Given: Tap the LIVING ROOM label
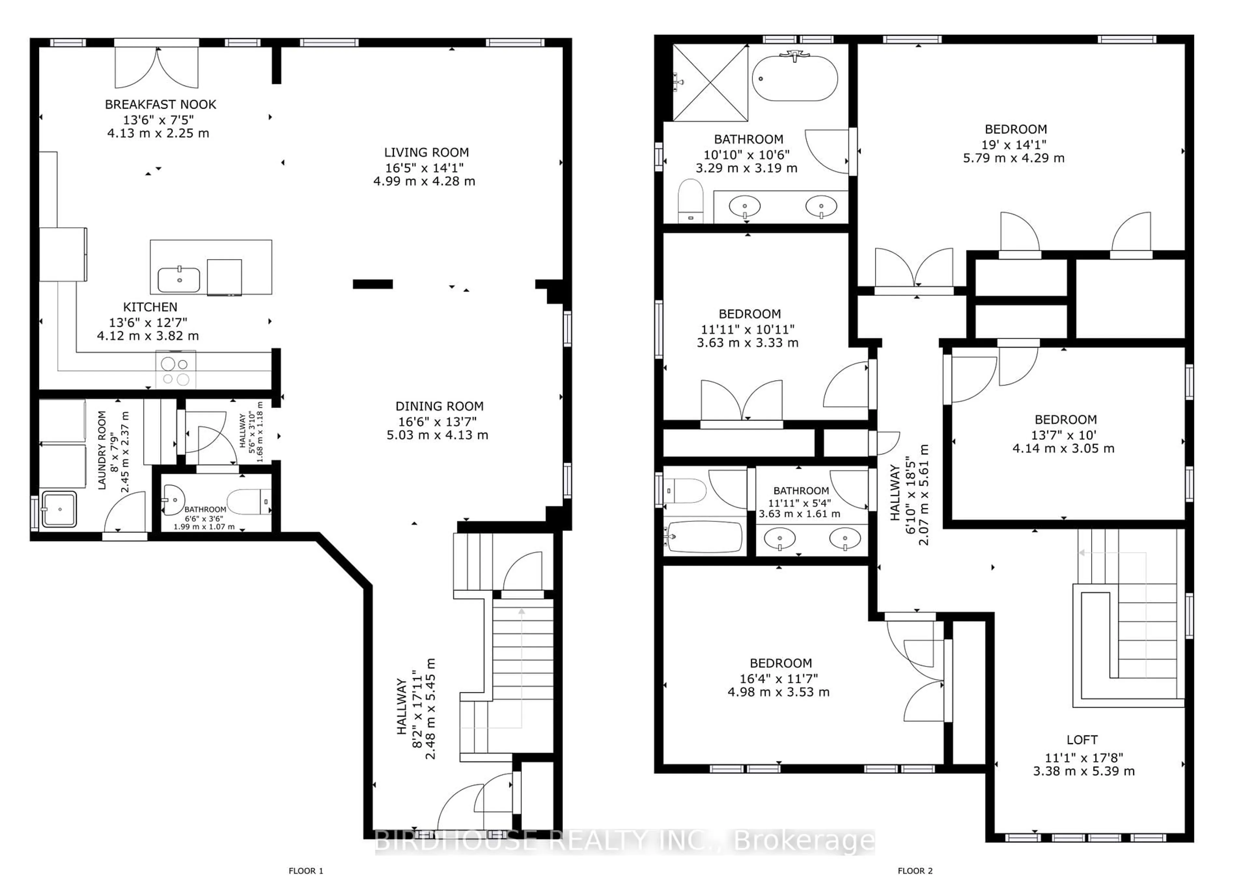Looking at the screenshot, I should pos(426,153).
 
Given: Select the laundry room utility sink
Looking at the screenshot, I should pos(59,509).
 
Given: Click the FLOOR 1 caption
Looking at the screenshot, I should pos(306,870).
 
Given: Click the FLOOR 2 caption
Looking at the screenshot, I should pos(915,870).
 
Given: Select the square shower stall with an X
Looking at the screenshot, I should pos(710,83).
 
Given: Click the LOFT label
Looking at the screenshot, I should pos(1082,740).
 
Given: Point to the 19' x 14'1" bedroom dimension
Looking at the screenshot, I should pos(1015,144).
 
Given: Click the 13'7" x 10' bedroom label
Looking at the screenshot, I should pos(1065,420).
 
